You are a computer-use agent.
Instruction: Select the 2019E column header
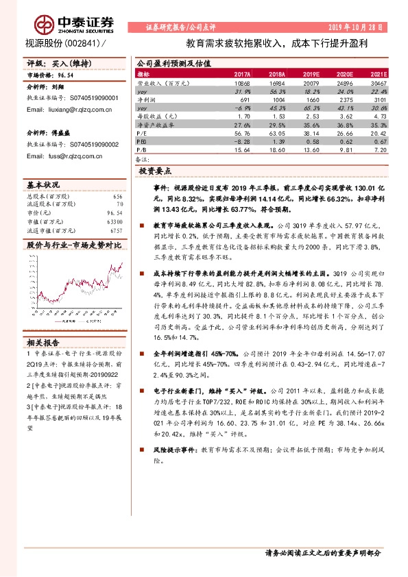click(x=310, y=74)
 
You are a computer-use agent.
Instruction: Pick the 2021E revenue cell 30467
click(x=377, y=82)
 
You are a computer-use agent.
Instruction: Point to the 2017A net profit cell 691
click(x=245, y=99)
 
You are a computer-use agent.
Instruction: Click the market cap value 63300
click(x=114, y=222)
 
